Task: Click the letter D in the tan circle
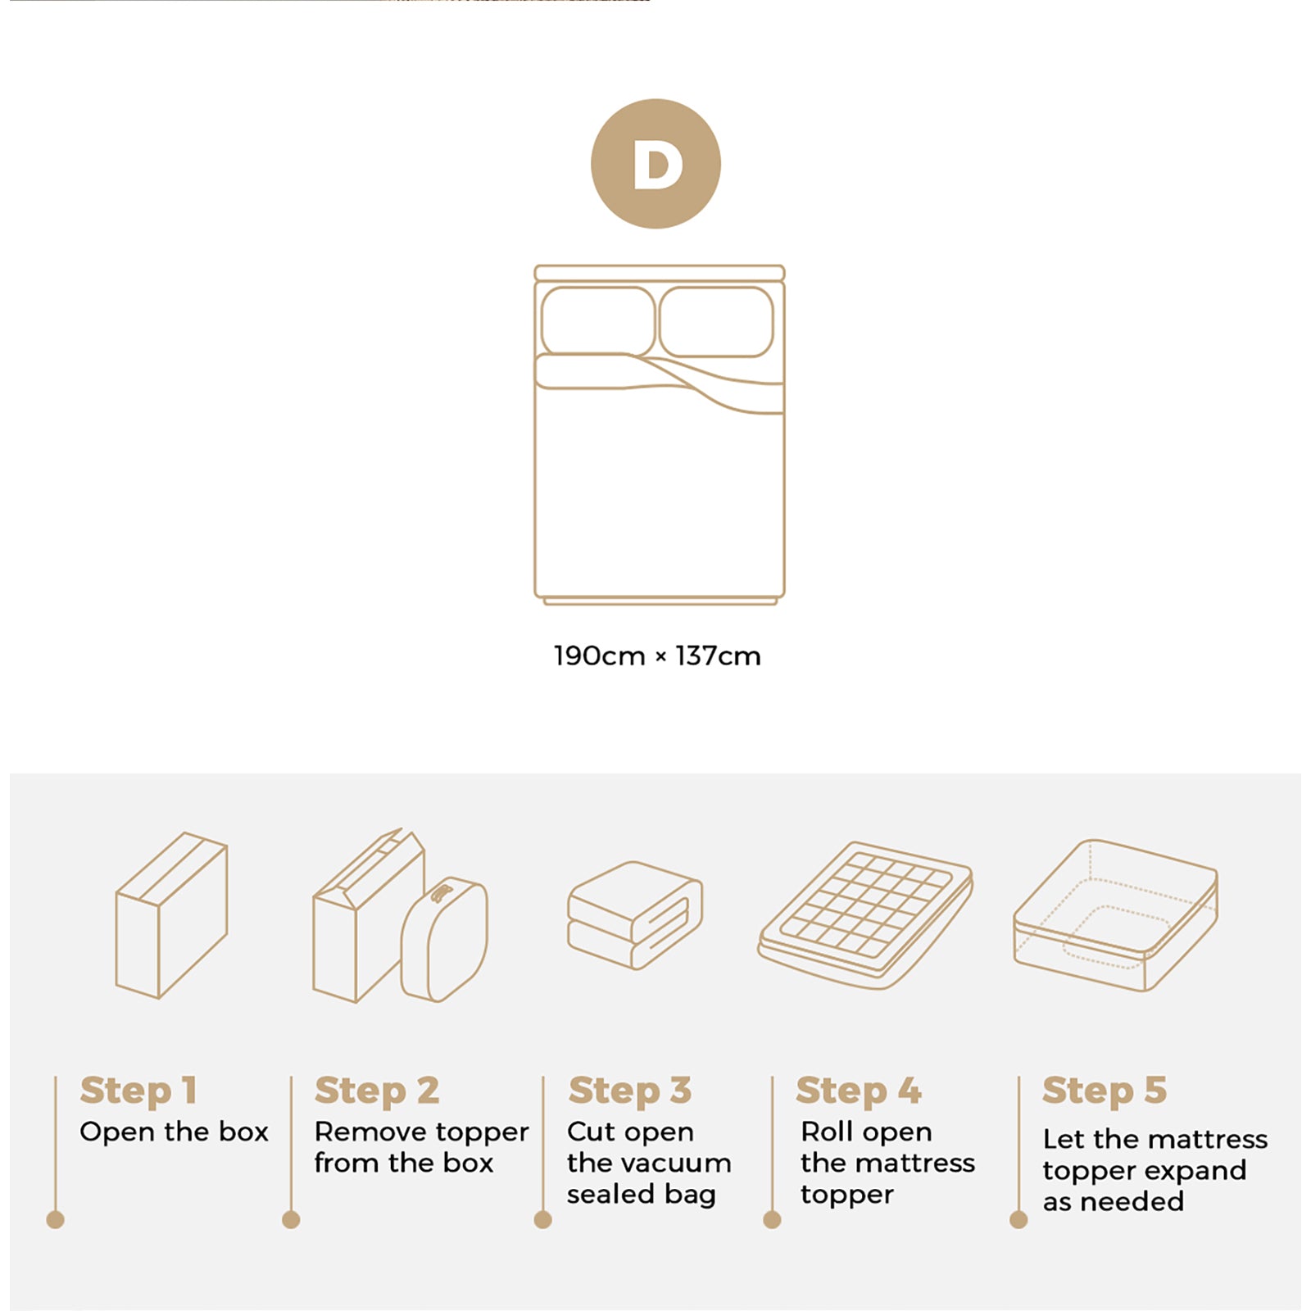click(657, 165)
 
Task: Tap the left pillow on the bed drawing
click(597, 321)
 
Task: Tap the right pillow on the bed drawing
click(716, 321)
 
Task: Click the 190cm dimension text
click(599, 656)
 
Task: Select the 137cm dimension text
click(719, 656)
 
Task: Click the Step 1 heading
click(138, 1091)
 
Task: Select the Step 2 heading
click(377, 1091)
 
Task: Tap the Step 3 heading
click(629, 1091)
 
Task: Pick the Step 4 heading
click(858, 1091)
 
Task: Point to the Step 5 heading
click(1104, 1091)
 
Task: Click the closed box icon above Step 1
click(171, 916)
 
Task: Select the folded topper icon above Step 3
click(635, 915)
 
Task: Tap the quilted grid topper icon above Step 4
click(865, 914)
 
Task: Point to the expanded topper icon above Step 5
click(1115, 915)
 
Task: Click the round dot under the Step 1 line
click(55, 1220)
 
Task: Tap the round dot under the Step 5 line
click(1018, 1220)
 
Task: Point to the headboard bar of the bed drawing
click(660, 273)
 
